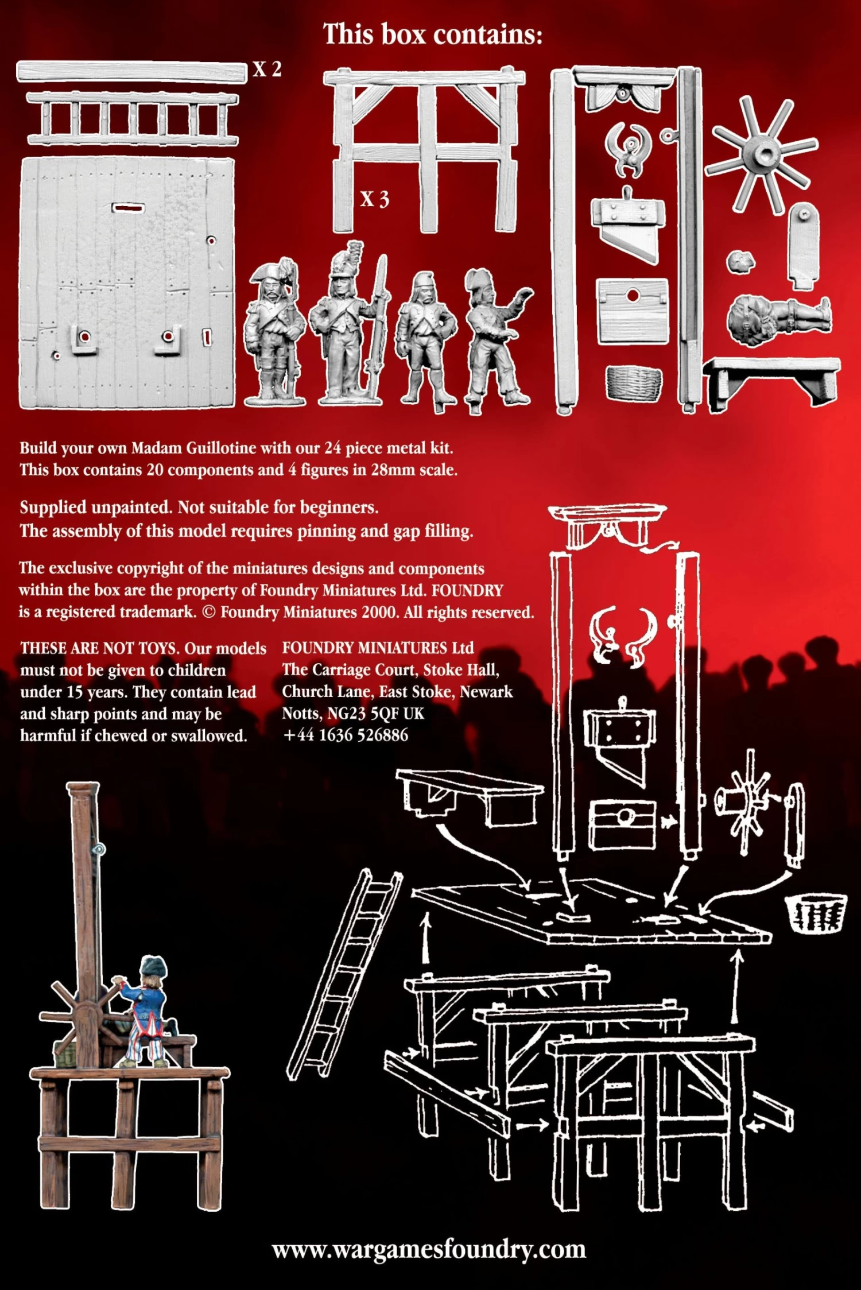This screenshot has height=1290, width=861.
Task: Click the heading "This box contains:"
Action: click(x=433, y=34)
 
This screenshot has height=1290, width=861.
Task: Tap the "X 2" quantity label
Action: click(x=267, y=69)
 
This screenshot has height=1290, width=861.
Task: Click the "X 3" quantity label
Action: click(x=375, y=199)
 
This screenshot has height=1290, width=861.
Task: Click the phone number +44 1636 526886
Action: click(x=346, y=735)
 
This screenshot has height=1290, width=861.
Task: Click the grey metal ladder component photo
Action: click(x=133, y=119)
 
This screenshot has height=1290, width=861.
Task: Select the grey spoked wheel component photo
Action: click(x=762, y=154)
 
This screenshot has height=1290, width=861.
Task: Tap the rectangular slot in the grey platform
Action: click(x=128, y=207)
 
